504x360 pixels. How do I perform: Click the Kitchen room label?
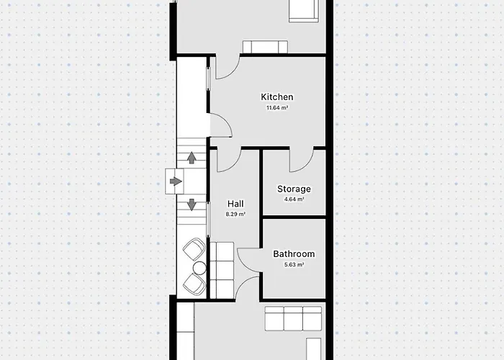[276, 96]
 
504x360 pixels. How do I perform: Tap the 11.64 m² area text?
[276, 108]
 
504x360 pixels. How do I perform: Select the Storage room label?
[294, 189]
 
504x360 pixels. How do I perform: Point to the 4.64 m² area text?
[294, 199]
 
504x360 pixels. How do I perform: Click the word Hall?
[235, 204]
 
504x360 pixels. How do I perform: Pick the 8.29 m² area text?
[235, 214]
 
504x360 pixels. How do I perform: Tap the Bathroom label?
[294, 254]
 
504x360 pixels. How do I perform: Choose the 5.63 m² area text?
[294, 265]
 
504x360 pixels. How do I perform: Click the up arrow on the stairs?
[192, 158]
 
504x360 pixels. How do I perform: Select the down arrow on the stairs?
[192, 204]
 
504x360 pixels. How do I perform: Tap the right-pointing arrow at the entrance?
[176, 181]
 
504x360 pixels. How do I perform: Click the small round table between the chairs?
[199, 268]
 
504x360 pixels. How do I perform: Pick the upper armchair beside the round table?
[194, 249]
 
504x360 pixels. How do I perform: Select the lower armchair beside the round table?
[194, 284]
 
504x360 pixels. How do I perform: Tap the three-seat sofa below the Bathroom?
[293, 318]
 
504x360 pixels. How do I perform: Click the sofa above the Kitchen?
[265, 47]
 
